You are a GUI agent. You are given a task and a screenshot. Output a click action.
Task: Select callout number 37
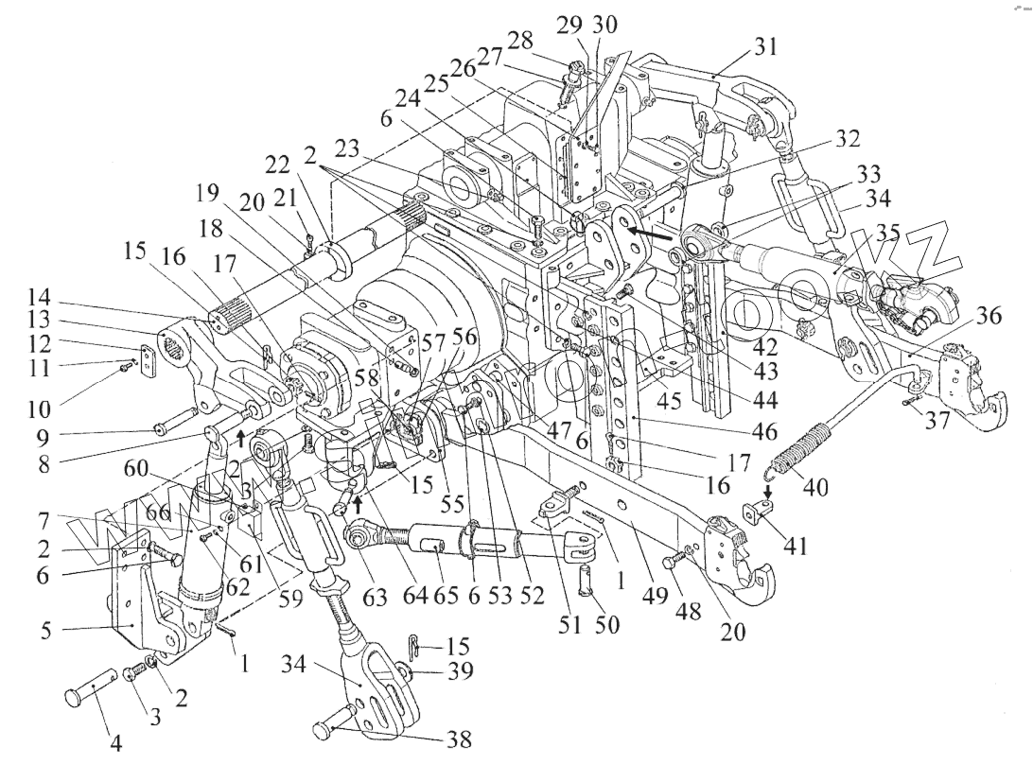pos(938,422)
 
